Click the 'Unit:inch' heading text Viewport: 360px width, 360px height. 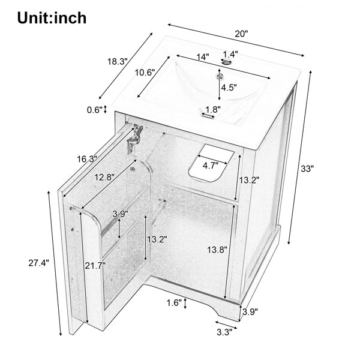(x=52, y=18)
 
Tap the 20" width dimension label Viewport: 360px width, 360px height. (x=242, y=34)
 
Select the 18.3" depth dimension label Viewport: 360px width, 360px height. (x=118, y=62)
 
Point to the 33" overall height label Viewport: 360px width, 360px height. (x=307, y=169)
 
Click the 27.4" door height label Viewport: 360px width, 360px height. (x=39, y=263)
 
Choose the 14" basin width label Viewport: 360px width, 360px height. (x=203, y=57)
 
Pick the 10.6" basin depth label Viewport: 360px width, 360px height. (x=145, y=73)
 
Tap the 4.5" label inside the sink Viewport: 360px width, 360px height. (x=229, y=88)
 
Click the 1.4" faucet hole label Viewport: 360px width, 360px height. (x=231, y=55)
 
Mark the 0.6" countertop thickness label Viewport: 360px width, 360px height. (x=95, y=110)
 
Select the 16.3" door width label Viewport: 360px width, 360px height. (x=87, y=159)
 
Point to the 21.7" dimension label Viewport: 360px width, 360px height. (x=95, y=266)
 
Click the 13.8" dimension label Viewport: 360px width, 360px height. (x=217, y=250)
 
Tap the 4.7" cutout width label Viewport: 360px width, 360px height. (x=211, y=166)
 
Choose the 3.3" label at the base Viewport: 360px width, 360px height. (x=225, y=332)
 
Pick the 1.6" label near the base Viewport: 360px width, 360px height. (x=174, y=303)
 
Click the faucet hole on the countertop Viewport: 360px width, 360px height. (x=226, y=62)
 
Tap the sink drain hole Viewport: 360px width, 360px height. (x=220, y=76)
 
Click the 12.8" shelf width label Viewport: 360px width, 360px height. (x=105, y=177)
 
